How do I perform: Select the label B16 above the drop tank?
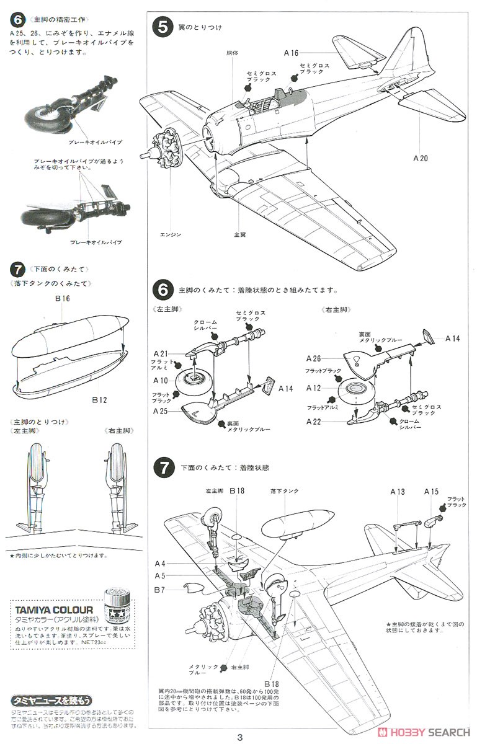pos(62,298)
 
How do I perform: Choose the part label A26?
pos(313,358)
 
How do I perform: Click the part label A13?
pos(398,492)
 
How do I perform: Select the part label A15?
pos(431,492)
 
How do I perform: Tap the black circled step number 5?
pos(163,27)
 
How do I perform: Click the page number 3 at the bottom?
pos(239,737)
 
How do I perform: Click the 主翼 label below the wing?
pos(240,234)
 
